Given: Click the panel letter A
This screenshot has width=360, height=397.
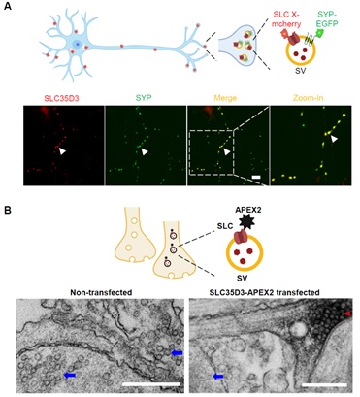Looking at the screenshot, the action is tap(7, 6).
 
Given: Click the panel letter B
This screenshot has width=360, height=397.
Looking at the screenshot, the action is tap(7, 211).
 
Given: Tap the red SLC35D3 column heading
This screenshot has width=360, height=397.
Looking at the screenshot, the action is tap(64, 98).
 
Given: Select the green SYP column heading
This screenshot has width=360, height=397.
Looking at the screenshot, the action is tap(145, 98).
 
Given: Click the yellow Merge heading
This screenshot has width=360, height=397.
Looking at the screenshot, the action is tap(227, 98).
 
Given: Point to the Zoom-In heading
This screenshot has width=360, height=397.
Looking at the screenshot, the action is tap(309, 98).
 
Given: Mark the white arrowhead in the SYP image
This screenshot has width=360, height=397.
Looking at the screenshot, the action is tap(146, 151).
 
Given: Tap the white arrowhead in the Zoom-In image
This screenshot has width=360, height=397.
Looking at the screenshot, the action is tap(335, 139).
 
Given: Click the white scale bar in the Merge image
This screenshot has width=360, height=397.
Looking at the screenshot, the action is tap(256, 177).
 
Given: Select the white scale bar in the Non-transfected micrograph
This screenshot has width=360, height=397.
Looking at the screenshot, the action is tap(151, 384).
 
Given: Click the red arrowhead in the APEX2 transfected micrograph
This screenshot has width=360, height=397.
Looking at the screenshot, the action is tap(346, 314).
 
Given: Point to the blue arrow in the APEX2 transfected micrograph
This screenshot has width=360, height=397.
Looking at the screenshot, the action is tap(218, 376).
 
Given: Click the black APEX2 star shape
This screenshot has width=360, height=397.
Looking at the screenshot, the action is tap(248, 223).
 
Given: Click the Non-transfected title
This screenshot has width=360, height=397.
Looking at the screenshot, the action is tap(102, 292).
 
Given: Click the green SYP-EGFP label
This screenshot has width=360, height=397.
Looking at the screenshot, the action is tap(326, 18).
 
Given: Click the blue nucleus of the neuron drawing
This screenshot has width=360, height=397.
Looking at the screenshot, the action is tap(77, 44).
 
